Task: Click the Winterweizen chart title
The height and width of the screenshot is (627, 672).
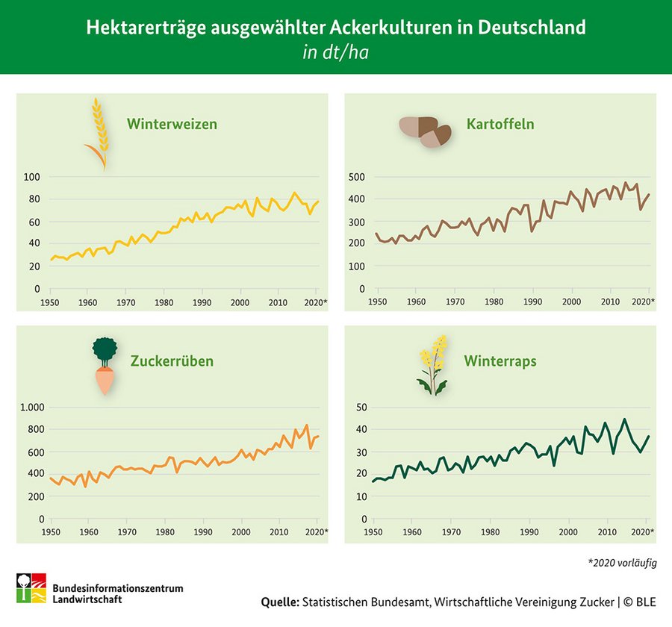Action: [x=172, y=124]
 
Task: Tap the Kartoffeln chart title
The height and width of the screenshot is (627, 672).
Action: [x=500, y=124]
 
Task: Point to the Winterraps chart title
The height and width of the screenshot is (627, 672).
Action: [x=500, y=361]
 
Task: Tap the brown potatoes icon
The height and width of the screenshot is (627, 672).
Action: [x=425, y=131]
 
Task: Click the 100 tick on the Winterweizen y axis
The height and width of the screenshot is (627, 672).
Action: [x=31, y=177]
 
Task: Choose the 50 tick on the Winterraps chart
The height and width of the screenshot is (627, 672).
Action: [x=361, y=408]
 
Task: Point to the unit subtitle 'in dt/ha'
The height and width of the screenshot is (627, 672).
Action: [x=335, y=54]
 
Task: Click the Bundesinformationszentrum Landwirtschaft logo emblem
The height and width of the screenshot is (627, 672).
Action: [x=31, y=589]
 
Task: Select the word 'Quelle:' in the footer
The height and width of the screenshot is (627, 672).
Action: [x=280, y=602]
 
